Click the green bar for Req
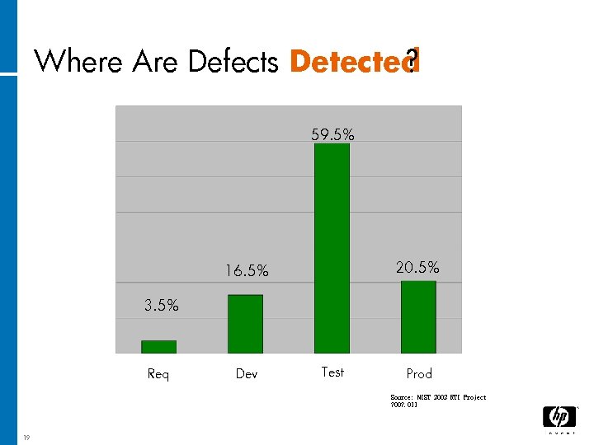click(x=158, y=347)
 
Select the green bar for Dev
click(x=245, y=324)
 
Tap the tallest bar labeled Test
click(x=332, y=248)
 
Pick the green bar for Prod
click(x=418, y=317)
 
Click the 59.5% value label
click(x=332, y=134)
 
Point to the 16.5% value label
click(x=247, y=270)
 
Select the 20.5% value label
click(x=417, y=267)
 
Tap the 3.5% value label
click(x=161, y=306)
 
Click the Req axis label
click(x=158, y=374)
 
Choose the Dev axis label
click(x=246, y=374)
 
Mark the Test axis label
click(x=332, y=372)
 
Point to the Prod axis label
click(x=419, y=374)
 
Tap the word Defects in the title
click(x=233, y=62)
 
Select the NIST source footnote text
click(x=437, y=401)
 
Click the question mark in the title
click(x=413, y=59)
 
